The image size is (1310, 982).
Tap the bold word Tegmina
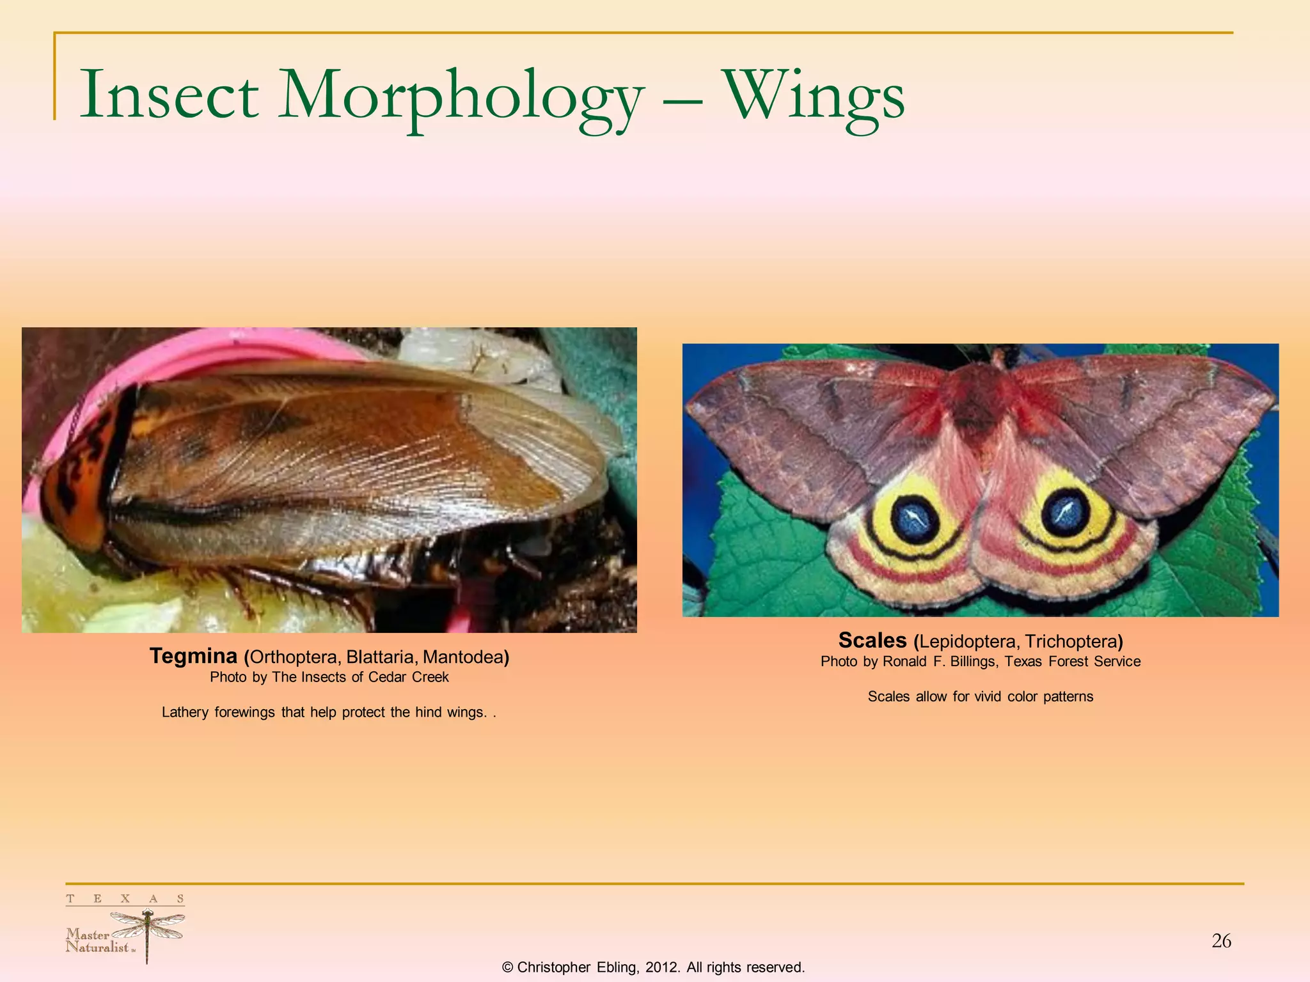(193, 656)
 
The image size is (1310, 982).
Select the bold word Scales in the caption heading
(872, 640)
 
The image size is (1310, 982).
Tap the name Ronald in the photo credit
(904, 662)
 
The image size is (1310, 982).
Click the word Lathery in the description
(184, 712)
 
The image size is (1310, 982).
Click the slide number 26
(1221, 941)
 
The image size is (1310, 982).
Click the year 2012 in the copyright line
(661, 967)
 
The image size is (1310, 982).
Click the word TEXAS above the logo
(125, 899)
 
